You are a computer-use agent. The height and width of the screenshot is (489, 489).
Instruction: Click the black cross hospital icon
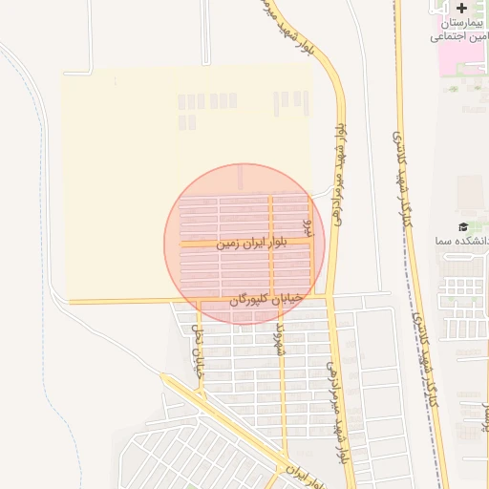(x=462, y=9)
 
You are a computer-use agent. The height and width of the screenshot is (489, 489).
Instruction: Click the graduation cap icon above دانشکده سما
(x=463, y=227)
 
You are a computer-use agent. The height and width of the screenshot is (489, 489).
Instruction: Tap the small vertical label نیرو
(x=307, y=226)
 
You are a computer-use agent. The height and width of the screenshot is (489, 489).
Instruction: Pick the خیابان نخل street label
(x=200, y=353)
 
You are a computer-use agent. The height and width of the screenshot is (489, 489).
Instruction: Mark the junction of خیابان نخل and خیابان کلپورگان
(x=199, y=302)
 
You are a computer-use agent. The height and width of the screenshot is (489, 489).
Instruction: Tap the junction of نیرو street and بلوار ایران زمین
(x=311, y=243)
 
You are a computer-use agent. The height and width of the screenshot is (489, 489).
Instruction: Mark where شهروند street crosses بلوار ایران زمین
(x=271, y=244)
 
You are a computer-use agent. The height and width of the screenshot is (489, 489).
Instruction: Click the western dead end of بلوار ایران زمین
(x=181, y=245)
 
